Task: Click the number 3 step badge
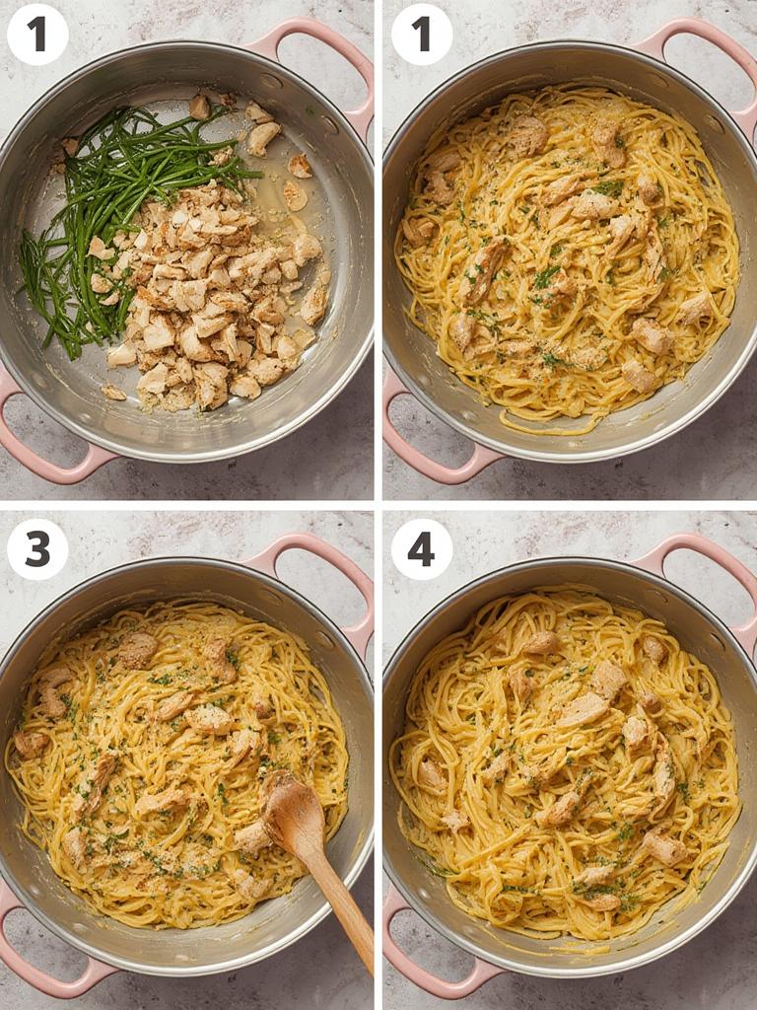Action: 37,549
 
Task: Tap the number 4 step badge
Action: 422,549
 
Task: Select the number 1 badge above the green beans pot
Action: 37,35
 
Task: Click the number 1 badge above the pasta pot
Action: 422,35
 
